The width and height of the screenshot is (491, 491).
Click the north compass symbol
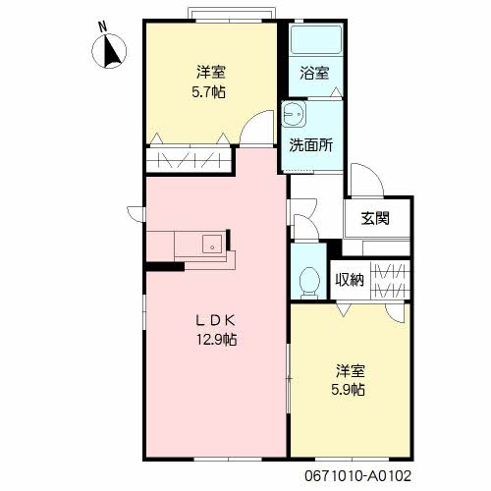109,51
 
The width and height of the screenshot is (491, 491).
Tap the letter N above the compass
103,27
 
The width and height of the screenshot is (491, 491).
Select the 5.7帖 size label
208,92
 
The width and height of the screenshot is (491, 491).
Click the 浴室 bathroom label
314,73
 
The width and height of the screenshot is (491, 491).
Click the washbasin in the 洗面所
294,114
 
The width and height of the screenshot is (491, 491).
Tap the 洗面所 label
311,145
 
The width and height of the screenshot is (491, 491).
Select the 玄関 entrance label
375,218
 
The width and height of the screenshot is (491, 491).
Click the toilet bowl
309,283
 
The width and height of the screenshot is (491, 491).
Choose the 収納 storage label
350,280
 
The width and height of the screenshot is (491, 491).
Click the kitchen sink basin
212,245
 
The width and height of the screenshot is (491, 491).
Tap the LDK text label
215,321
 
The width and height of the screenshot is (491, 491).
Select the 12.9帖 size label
216,340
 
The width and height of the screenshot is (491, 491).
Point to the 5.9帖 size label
348,390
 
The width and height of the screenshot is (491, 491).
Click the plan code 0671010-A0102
357,475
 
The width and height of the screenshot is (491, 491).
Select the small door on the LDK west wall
135,214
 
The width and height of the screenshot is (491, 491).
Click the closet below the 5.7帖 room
189,160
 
